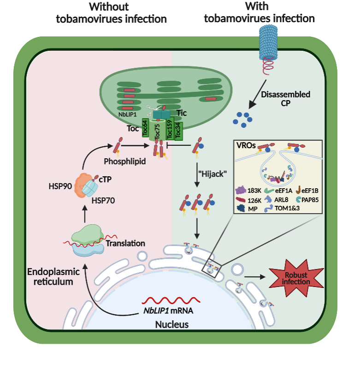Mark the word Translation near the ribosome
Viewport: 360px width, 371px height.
[x=125, y=243]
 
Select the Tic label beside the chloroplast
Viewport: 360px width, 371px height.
[x=182, y=113]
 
